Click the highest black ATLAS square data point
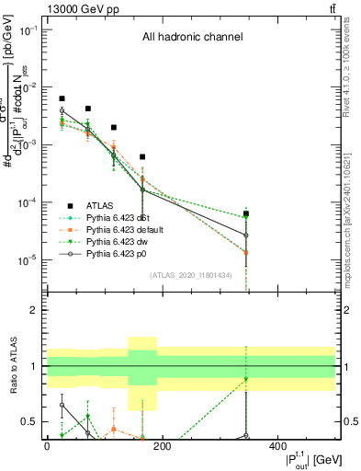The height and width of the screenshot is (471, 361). pos(62,98)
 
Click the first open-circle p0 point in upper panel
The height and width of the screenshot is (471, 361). pos(62,110)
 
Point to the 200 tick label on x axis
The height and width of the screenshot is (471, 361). pos(162,446)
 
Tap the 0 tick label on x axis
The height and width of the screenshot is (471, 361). pos(47,446)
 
